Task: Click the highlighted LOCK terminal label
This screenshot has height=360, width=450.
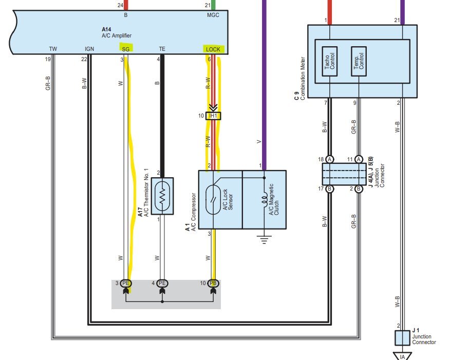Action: [213, 49]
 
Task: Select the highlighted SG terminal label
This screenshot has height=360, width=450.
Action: [126, 49]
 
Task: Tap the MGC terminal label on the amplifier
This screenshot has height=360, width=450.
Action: [213, 15]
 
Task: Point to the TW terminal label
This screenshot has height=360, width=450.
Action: [53, 49]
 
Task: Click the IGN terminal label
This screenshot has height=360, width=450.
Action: [89, 49]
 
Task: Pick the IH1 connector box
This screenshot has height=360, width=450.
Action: [213, 116]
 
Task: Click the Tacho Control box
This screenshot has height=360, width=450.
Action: [329, 62]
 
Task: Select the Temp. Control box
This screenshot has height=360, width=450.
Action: [359, 62]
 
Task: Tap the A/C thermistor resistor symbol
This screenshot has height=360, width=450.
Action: [162, 196]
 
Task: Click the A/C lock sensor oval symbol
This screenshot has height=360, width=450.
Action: [213, 200]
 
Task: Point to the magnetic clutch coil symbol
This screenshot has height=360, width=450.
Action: [265, 199]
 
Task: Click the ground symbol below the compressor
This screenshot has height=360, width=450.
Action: [265, 239]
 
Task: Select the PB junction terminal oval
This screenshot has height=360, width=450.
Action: [213, 283]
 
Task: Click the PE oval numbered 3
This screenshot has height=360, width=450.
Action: [126, 283]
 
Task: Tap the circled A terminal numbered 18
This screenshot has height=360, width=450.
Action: [330, 160]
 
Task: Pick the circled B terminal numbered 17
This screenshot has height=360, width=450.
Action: [330, 189]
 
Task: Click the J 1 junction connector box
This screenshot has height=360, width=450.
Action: [402, 338]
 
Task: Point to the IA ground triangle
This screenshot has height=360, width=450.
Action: [402, 356]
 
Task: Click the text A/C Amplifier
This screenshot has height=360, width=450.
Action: [117, 35]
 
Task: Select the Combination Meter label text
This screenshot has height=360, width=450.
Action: [303, 78]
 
